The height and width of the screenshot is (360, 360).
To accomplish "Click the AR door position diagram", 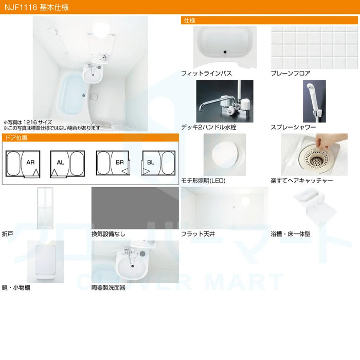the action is [x=23, y=164].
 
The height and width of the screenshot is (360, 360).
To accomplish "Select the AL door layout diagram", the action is [x=67, y=164].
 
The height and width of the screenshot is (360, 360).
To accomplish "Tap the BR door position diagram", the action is [x=113, y=163].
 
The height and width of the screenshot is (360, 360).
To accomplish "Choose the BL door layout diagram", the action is [x=158, y=163].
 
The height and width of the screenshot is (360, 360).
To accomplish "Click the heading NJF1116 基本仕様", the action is [x=37, y=7].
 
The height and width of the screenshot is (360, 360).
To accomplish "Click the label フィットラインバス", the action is [x=206, y=74].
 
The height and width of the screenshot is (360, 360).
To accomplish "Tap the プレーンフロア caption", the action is [x=291, y=74].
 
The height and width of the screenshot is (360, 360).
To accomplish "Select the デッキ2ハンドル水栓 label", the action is [x=209, y=127].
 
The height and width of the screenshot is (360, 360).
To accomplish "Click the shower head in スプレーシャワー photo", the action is [x=311, y=88].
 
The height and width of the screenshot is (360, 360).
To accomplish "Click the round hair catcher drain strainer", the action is [x=314, y=158].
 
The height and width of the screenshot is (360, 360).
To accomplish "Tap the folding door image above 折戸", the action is [x=45, y=208].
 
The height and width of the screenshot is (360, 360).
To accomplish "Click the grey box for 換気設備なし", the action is [x=135, y=208].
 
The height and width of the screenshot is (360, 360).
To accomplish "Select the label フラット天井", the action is [x=198, y=234].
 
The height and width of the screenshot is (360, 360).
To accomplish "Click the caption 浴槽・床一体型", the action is [x=291, y=234].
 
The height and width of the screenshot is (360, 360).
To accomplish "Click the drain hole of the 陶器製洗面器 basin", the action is [x=133, y=266].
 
